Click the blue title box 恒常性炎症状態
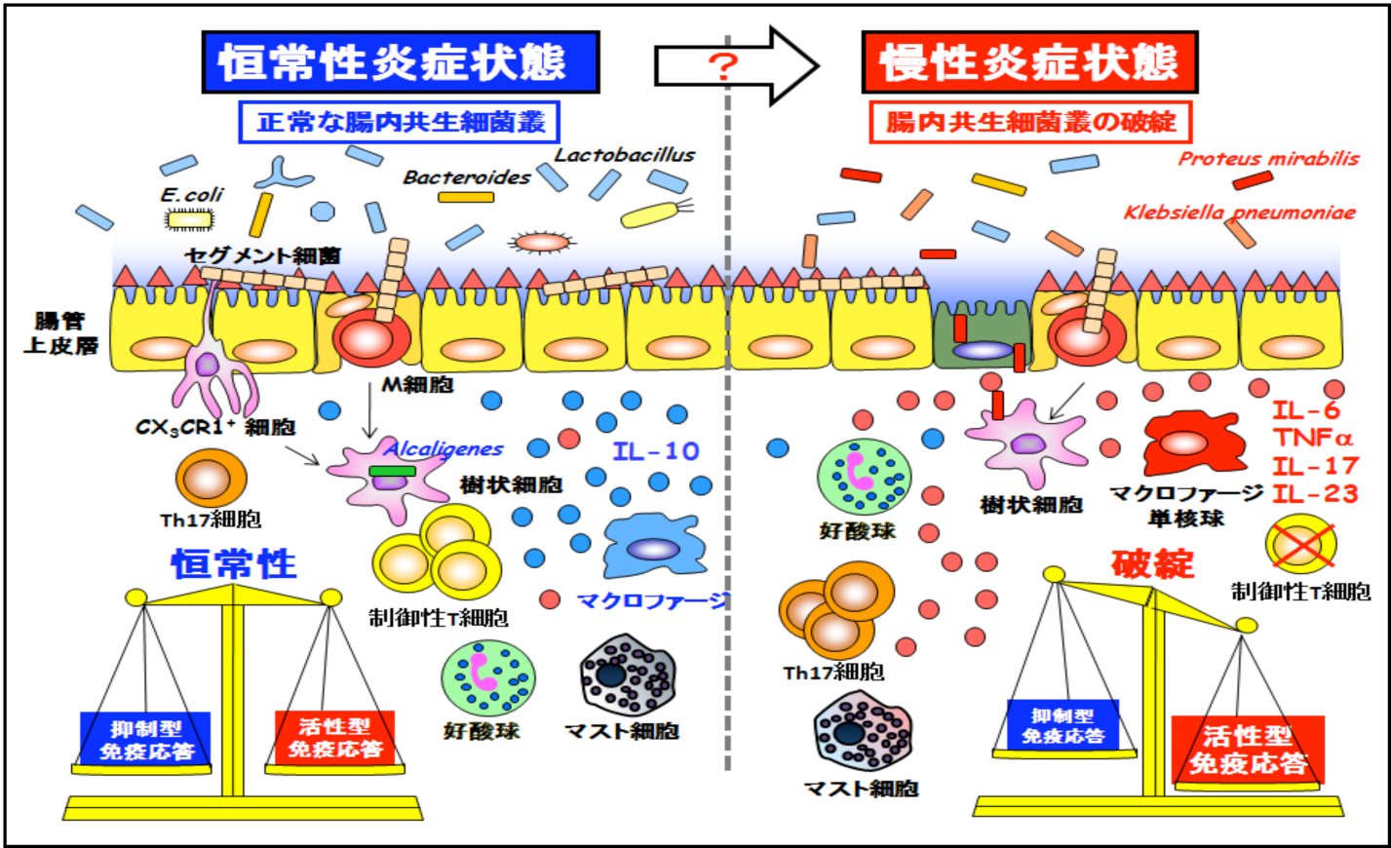coord(400,61)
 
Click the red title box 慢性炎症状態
coord(1029,61)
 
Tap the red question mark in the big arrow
coord(723,66)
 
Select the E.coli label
coord(192,195)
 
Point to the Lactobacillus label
coord(625,155)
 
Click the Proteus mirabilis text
coord(1268,159)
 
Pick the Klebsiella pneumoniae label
coord(1239,212)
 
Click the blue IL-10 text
coord(656,451)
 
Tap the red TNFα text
coord(1313,439)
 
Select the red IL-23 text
coord(1314,493)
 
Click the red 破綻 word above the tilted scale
coord(1152,564)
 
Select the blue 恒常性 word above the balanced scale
coord(234,564)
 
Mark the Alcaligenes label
coord(444,449)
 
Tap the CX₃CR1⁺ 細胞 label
coord(215,427)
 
